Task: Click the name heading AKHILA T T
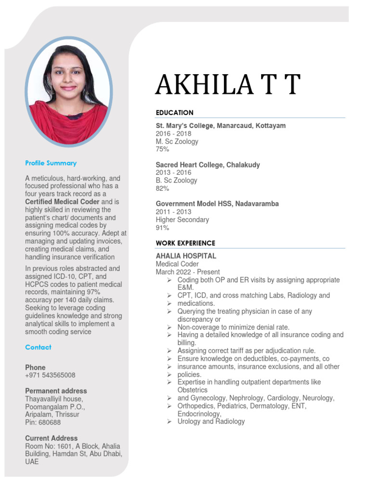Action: pyautogui.click(x=227, y=86)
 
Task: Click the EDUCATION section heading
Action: pyautogui.click(x=174, y=113)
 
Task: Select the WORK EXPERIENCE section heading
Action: pyautogui.click(x=185, y=243)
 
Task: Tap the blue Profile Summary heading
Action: pyautogui.click(x=51, y=163)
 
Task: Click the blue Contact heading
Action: pyautogui.click(x=38, y=347)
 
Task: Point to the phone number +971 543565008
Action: pyautogui.click(x=50, y=375)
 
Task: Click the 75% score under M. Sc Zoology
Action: pyautogui.click(x=162, y=149)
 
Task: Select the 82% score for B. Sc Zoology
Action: pyautogui.click(x=162, y=188)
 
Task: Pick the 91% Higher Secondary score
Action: pyautogui.click(x=162, y=228)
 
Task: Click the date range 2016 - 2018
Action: pyautogui.click(x=173, y=133)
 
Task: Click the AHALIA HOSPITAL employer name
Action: pyautogui.click(x=186, y=256)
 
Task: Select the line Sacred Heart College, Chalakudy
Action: pyautogui.click(x=208, y=165)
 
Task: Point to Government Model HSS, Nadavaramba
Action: pyautogui.click(x=217, y=204)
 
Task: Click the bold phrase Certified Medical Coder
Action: pyautogui.click(x=62, y=202)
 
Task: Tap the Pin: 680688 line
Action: pyautogui.click(x=43, y=422)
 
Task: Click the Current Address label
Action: pyautogui.click(x=51, y=438)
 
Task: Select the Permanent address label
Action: pyautogui.click(x=56, y=391)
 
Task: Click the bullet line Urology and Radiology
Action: pyautogui.click(x=211, y=421)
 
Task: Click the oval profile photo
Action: pyautogui.click(x=68, y=91)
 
